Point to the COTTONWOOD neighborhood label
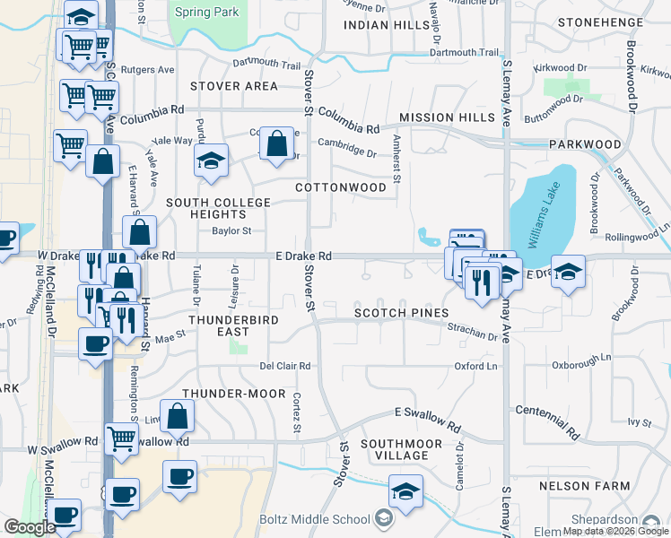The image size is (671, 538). pos(341,187)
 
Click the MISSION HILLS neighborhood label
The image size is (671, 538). pos(447,117)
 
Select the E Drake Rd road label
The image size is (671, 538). pos(303,256)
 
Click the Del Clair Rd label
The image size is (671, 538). pos(284,366)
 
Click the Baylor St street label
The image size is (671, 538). pos(231,230)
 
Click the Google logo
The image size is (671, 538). pos(30,527)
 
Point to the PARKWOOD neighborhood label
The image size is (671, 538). pos(585,143)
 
